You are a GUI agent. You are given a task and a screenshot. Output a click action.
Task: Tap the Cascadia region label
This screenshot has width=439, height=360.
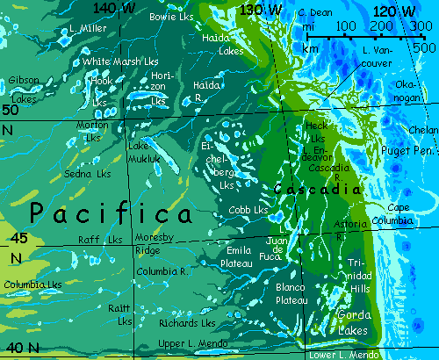(x=317, y=189)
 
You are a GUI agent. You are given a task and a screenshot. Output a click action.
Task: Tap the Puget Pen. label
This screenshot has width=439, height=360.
(x=407, y=152)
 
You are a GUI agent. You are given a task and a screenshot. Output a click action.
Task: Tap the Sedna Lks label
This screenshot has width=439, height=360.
(x=86, y=175)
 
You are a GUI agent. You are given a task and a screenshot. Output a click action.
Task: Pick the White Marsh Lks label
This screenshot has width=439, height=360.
(x=120, y=62)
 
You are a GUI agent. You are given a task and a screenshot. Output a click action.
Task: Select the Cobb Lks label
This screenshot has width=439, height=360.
(x=247, y=211)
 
